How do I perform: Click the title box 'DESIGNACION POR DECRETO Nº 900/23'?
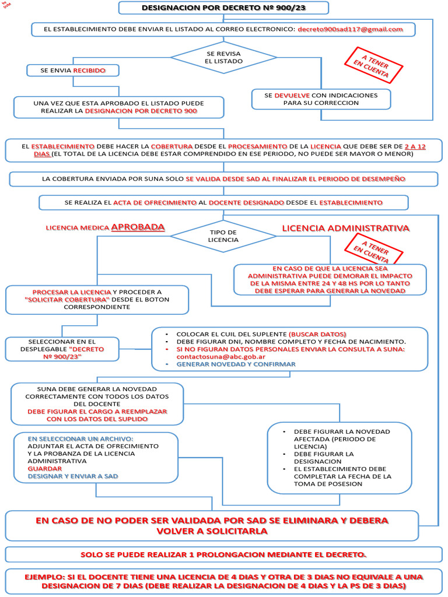click(223, 8)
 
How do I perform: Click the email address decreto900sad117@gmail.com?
click(350, 29)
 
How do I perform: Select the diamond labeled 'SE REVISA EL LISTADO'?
click(223, 57)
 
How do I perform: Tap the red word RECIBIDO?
click(89, 70)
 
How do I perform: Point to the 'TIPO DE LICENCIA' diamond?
click(223, 236)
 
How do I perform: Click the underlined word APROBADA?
click(138, 227)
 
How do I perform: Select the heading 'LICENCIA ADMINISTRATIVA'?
click(345, 228)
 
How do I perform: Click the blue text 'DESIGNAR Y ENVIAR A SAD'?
click(73, 476)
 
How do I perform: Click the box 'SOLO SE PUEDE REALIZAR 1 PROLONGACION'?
click(223, 554)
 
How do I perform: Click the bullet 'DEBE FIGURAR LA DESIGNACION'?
click(324, 457)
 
